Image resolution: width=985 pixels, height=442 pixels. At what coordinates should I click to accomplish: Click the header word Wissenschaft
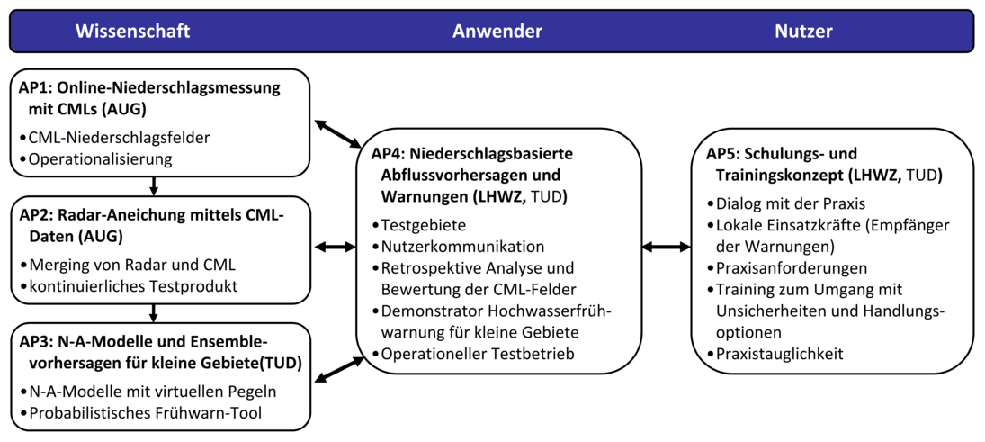click(x=132, y=32)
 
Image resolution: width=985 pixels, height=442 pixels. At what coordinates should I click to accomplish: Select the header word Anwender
click(x=497, y=32)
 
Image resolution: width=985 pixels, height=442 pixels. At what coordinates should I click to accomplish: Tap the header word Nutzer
click(x=803, y=32)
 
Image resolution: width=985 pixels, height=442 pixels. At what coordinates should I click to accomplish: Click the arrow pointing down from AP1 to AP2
click(x=155, y=185)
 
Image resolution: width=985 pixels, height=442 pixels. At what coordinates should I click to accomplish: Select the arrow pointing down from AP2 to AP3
click(x=155, y=312)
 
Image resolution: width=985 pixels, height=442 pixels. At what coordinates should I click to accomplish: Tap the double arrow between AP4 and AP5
click(x=667, y=247)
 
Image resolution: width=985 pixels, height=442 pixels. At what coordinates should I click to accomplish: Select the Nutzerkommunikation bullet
click(x=462, y=246)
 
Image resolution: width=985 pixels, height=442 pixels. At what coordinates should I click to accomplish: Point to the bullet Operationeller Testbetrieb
click(x=478, y=354)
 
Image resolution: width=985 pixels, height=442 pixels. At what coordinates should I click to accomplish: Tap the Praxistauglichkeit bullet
click(x=779, y=354)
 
